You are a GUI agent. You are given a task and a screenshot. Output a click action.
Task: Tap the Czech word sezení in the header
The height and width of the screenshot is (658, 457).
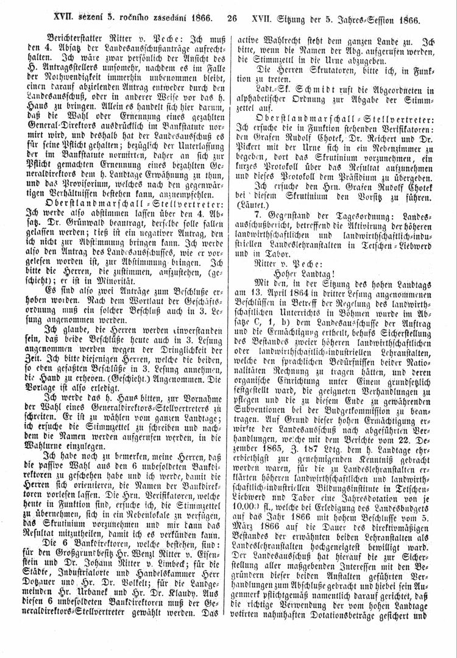pyautogui.click(x=80, y=20)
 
